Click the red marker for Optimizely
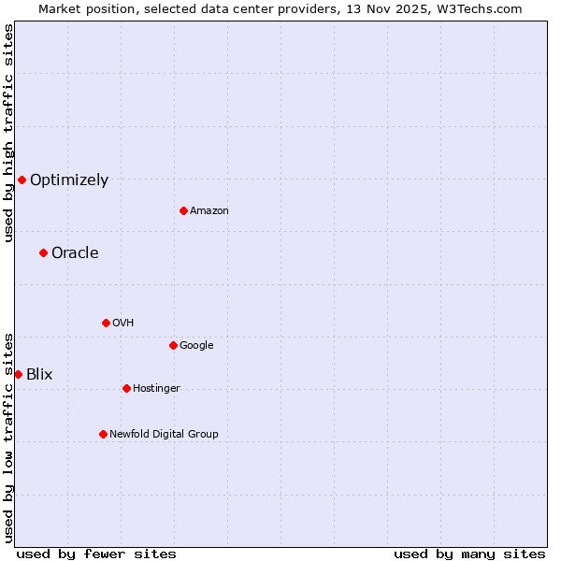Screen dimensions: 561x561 click(22, 180)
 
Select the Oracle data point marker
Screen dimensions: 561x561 click(43, 252)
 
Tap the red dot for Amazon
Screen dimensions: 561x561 click(183, 210)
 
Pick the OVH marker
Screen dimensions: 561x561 click(106, 323)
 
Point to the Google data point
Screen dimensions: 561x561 click(173, 345)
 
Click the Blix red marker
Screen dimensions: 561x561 click(18, 374)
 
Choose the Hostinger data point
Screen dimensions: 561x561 click(126, 388)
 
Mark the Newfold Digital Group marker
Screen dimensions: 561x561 click(103, 434)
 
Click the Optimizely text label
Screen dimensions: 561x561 click(69, 180)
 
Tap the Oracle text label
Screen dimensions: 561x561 click(75, 253)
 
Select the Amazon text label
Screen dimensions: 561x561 click(209, 211)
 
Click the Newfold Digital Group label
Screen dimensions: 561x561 click(164, 434)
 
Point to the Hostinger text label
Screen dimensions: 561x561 click(156, 389)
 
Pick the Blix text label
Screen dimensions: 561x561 click(39, 375)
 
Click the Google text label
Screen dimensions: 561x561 click(196, 346)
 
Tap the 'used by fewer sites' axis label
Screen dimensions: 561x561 click(96, 554)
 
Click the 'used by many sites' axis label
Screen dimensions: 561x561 click(469, 554)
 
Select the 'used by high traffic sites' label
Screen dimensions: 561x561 click(8, 134)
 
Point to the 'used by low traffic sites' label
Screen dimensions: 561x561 click(8, 438)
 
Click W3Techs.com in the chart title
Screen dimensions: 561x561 click(478, 8)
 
